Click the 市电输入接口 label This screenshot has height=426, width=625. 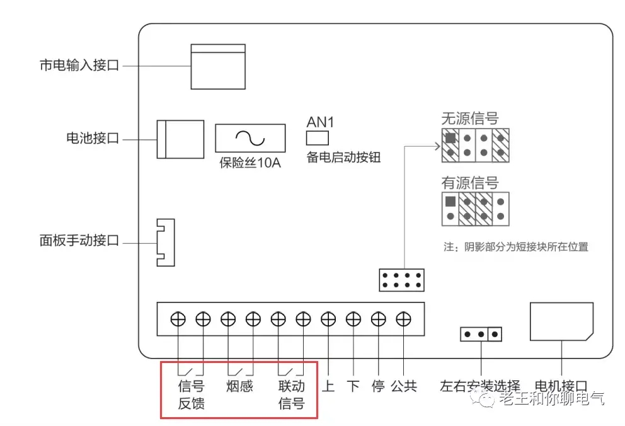click(x=79, y=66)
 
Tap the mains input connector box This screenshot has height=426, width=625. click(x=217, y=67)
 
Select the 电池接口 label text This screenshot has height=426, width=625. click(x=93, y=139)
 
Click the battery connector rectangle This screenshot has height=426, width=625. click(x=180, y=139)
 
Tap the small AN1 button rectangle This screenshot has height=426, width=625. click(x=317, y=139)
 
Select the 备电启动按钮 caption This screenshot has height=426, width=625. click(x=343, y=158)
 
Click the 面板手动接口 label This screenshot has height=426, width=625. click(x=79, y=241)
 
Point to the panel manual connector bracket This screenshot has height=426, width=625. click(x=164, y=242)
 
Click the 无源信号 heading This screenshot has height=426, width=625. click(x=470, y=118)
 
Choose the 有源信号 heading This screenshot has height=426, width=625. click(x=470, y=183)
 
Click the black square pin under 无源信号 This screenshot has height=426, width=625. click(x=450, y=137)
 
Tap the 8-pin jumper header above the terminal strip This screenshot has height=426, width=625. click(x=401, y=280)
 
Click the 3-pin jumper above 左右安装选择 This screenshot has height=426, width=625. click(x=481, y=334)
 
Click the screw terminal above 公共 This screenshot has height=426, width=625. click(x=403, y=319)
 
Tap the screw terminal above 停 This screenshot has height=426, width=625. click(x=378, y=319)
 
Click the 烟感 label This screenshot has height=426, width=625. click(x=239, y=386)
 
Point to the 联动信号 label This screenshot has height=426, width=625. click(x=291, y=394)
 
